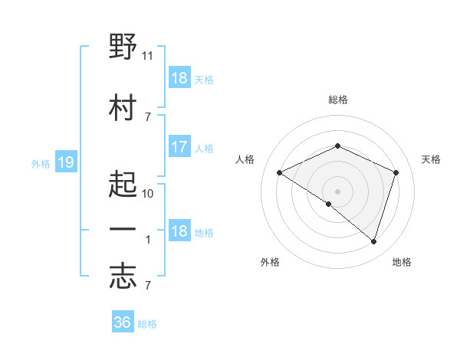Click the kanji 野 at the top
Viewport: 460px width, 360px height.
[123, 46]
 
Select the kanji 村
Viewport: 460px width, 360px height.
[123, 107]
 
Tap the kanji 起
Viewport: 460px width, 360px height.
[123, 184]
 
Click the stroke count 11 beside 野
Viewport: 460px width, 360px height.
[147, 56]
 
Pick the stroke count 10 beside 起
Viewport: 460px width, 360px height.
[147, 194]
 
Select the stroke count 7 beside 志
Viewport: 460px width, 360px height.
[148, 286]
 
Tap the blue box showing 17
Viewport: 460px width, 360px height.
[179, 146]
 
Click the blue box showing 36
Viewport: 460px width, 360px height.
[123, 321]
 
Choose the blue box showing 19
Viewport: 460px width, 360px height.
[66, 162]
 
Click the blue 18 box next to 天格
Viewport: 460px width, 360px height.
[179, 77]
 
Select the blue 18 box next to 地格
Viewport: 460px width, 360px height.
[179, 230]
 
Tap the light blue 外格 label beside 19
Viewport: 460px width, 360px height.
[41, 164]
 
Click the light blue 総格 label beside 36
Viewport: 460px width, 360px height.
[147, 324]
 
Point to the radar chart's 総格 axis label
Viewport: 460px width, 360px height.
[338, 100]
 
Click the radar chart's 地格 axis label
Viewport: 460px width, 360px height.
[402, 262]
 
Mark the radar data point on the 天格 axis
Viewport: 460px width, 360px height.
[396, 172]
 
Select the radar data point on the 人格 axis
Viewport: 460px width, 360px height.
[280, 172]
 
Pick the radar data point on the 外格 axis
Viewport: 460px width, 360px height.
[329, 204]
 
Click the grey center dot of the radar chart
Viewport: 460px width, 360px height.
[337, 191]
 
